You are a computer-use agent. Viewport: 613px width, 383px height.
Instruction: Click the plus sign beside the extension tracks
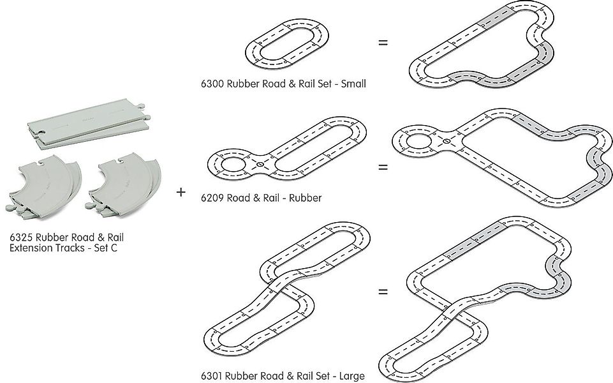click(182, 191)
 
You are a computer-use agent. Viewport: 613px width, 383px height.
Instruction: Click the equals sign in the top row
click(383, 43)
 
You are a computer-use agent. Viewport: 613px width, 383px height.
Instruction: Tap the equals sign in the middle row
click(383, 168)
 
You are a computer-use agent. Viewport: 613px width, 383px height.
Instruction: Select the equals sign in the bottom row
click(383, 292)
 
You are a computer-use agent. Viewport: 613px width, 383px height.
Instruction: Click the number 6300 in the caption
click(212, 84)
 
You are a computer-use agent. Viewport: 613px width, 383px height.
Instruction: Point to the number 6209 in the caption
click(212, 198)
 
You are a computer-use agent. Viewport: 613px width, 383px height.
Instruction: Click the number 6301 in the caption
click(212, 376)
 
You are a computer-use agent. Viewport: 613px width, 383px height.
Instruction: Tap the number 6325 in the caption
click(22, 237)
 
